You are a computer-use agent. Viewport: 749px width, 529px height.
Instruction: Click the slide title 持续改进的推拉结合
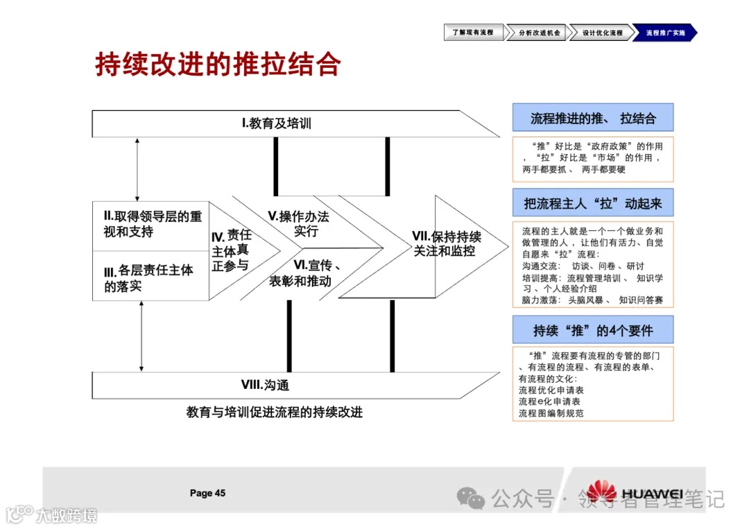pyautogui.click(x=218, y=64)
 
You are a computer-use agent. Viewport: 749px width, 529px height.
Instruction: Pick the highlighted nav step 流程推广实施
pyautogui.click(x=664, y=33)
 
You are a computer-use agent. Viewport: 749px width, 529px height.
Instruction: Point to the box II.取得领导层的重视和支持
pyautogui.click(x=150, y=224)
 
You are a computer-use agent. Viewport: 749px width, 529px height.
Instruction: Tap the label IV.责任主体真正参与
pyautogui.click(x=232, y=250)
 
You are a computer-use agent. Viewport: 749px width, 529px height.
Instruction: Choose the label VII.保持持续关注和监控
pyautogui.click(x=447, y=243)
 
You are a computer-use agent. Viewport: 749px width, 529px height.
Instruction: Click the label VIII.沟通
pyautogui.click(x=265, y=385)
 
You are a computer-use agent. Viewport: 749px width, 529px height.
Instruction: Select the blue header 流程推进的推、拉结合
pyautogui.click(x=593, y=118)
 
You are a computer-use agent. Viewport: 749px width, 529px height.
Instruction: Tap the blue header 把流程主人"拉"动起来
pyautogui.click(x=593, y=204)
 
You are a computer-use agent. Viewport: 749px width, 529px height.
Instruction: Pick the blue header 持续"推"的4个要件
pyautogui.click(x=593, y=329)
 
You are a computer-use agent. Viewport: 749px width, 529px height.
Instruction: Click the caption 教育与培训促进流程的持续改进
pyautogui.click(x=275, y=412)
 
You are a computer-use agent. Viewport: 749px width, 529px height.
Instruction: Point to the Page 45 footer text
pyautogui.click(x=207, y=493)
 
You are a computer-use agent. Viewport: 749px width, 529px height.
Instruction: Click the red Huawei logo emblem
pyautogui.click(x=601, y=491)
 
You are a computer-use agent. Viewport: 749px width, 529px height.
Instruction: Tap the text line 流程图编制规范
pyautogui.click(x=551, y=413)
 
